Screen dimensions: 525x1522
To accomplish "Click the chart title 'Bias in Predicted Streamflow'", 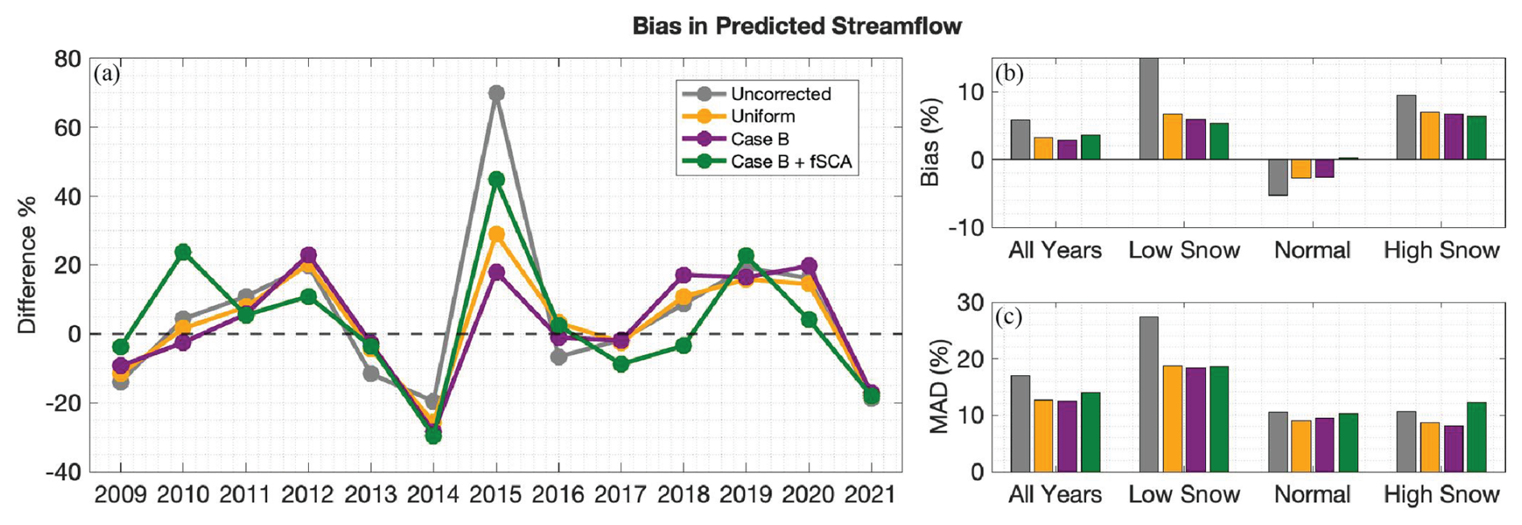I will pos(796,26).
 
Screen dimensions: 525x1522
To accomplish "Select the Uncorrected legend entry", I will pos(780,93).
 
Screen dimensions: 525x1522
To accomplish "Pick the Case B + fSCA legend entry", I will pos(790,161).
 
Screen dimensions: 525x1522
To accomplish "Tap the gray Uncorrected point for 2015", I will pos(496,93).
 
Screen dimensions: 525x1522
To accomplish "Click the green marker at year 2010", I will pos(183,252).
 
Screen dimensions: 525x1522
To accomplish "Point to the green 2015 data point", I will pos(496,179).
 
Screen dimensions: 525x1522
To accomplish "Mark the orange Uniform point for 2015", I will pos(496,234).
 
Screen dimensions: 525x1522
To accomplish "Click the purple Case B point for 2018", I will pos(684,275).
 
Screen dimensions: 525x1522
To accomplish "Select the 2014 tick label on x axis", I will pos(433,494).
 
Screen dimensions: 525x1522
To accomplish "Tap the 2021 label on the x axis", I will pos(870,494).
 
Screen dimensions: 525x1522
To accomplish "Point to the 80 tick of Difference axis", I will pos(68,59).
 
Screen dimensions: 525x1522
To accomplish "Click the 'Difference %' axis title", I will pos(27,265).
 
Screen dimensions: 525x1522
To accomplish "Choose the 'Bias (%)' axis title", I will pos(931,142).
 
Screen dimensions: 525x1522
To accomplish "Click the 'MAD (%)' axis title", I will pos(939,387).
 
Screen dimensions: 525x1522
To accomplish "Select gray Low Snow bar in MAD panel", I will pos(1149,394).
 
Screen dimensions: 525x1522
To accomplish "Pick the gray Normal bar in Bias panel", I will pos(1277,177).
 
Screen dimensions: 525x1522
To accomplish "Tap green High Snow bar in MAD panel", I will pos(1476,436).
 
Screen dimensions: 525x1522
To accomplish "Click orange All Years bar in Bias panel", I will pos(1043,148).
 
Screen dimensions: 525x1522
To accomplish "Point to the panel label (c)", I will pos(1009,317).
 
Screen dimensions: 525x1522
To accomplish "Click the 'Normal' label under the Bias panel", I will pos(1312,250).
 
